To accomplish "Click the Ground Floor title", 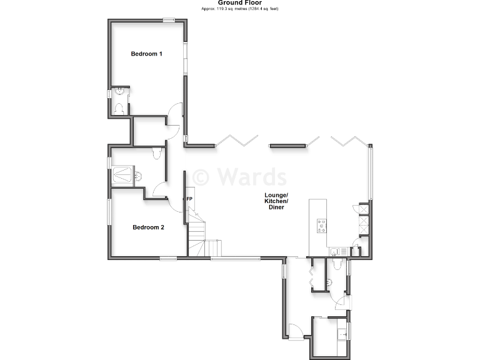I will click(240, 2).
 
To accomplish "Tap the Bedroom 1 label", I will click(147, 54).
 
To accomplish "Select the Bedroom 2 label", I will click(148, 227).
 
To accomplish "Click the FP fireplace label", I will click(189, 199).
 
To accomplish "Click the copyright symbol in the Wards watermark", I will click(201, 177).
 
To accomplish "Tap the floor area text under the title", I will click(240, 9).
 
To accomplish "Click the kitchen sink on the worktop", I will click(336, 251).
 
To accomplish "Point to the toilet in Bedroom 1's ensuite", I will click(121, 108).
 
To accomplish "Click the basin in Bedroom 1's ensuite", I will click(121, 92).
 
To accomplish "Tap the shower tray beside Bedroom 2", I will click(122, 174).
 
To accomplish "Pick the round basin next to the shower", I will click(138, 176).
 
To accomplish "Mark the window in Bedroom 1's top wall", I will click(169, 21).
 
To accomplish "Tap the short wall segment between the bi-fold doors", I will click(288, 146).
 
